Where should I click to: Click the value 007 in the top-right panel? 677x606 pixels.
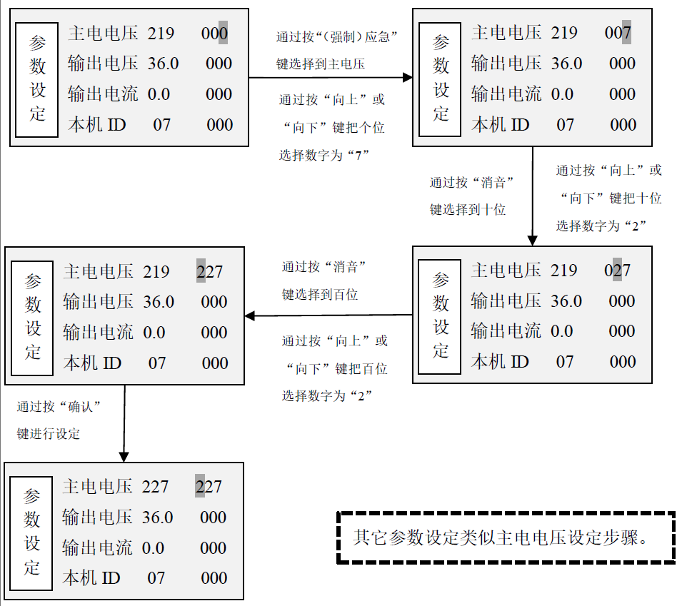(618, 33)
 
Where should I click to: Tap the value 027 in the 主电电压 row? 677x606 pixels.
(618, 271)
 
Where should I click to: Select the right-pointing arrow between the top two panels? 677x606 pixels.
(331, 78)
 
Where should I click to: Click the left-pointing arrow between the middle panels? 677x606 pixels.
(329, 315)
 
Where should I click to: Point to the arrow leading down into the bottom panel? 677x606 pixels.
(124, 423)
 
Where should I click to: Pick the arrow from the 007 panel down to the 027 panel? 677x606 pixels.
(532, 196)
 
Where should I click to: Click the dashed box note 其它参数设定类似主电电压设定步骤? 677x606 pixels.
(506, 537)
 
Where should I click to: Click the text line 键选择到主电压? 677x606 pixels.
(321, 64)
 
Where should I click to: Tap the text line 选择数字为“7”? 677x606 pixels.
(324, 155)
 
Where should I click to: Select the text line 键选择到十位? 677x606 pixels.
(468, 210)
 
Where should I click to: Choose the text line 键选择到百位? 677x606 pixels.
(319, 295)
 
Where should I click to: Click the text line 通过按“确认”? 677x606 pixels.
(59, 407)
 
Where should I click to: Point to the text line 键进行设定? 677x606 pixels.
(49, 434)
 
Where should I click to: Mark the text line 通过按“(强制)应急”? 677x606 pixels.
(337, 37)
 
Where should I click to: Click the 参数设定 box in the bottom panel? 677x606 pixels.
(31, 533)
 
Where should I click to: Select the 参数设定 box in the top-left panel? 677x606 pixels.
(36, 80)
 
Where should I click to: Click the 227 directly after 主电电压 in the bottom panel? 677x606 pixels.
(155, 487)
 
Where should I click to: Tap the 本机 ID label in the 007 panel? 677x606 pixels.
(501, 125)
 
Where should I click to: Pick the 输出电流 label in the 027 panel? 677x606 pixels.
(506, 331)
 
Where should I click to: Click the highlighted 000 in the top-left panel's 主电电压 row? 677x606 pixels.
(214, 34)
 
